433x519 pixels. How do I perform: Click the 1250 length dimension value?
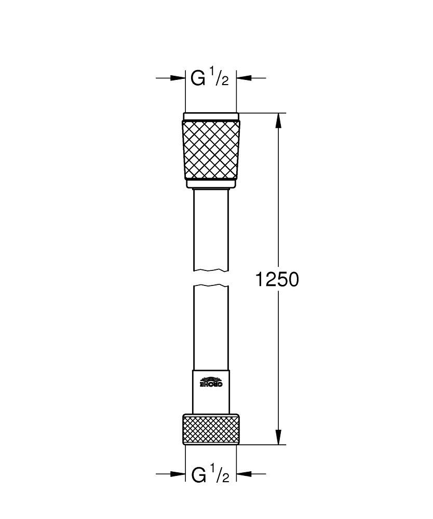click(x=277, y=280)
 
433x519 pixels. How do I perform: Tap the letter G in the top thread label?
click(x=198, y=78)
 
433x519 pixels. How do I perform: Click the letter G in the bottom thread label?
click(x=198, y=474)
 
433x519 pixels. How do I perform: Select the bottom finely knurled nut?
click(x=211, y=429)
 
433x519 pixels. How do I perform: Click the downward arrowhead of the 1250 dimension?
click(x=279, y=436)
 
